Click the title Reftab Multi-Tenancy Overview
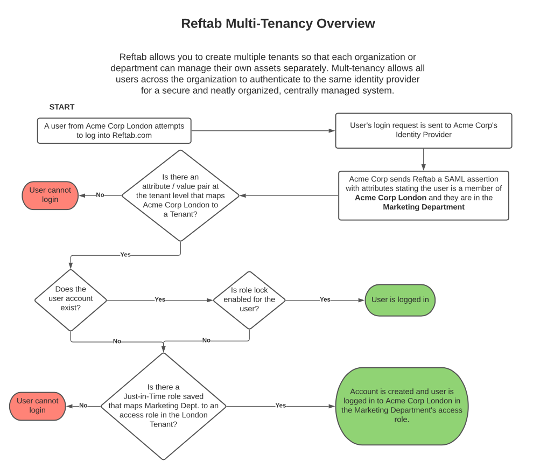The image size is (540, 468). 278,24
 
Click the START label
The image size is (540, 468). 62,107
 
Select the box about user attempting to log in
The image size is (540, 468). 114,131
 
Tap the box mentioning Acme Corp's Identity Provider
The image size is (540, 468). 423,130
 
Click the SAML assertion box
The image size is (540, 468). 423,195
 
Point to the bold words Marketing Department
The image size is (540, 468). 423,207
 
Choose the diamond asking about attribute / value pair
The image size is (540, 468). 180,195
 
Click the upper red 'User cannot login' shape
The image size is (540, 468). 50,195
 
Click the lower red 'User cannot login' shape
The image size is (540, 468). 38,406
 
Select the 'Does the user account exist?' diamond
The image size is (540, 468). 71,299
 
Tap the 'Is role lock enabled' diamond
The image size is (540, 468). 249,300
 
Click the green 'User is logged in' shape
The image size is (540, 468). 400,300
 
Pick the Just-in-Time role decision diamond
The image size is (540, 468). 163,406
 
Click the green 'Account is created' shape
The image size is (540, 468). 402,406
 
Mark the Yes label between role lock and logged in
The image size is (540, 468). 325,299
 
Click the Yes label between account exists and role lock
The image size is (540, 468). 160,299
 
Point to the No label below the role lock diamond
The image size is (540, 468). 206,340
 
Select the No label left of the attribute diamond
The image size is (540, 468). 100,195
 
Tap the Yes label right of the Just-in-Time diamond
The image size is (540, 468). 280,406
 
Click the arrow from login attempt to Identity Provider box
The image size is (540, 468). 263,131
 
